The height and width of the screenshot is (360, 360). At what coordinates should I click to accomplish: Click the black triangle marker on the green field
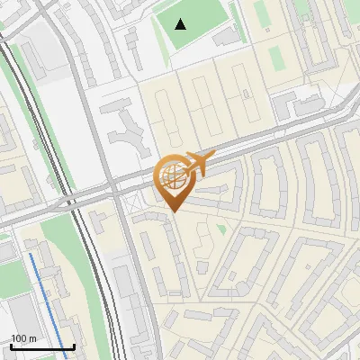point(181,23)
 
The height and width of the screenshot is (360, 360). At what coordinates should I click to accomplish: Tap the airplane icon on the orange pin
point(198,165)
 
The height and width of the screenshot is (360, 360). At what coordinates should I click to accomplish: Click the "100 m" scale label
point(24,338)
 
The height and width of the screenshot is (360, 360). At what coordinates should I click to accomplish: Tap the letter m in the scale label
point(33,338)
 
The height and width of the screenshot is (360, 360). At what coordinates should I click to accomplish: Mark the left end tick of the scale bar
point(10,346)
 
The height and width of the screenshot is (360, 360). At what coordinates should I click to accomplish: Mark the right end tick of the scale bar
point(74,346)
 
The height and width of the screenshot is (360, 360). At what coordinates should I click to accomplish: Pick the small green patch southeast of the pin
point(220,229)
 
